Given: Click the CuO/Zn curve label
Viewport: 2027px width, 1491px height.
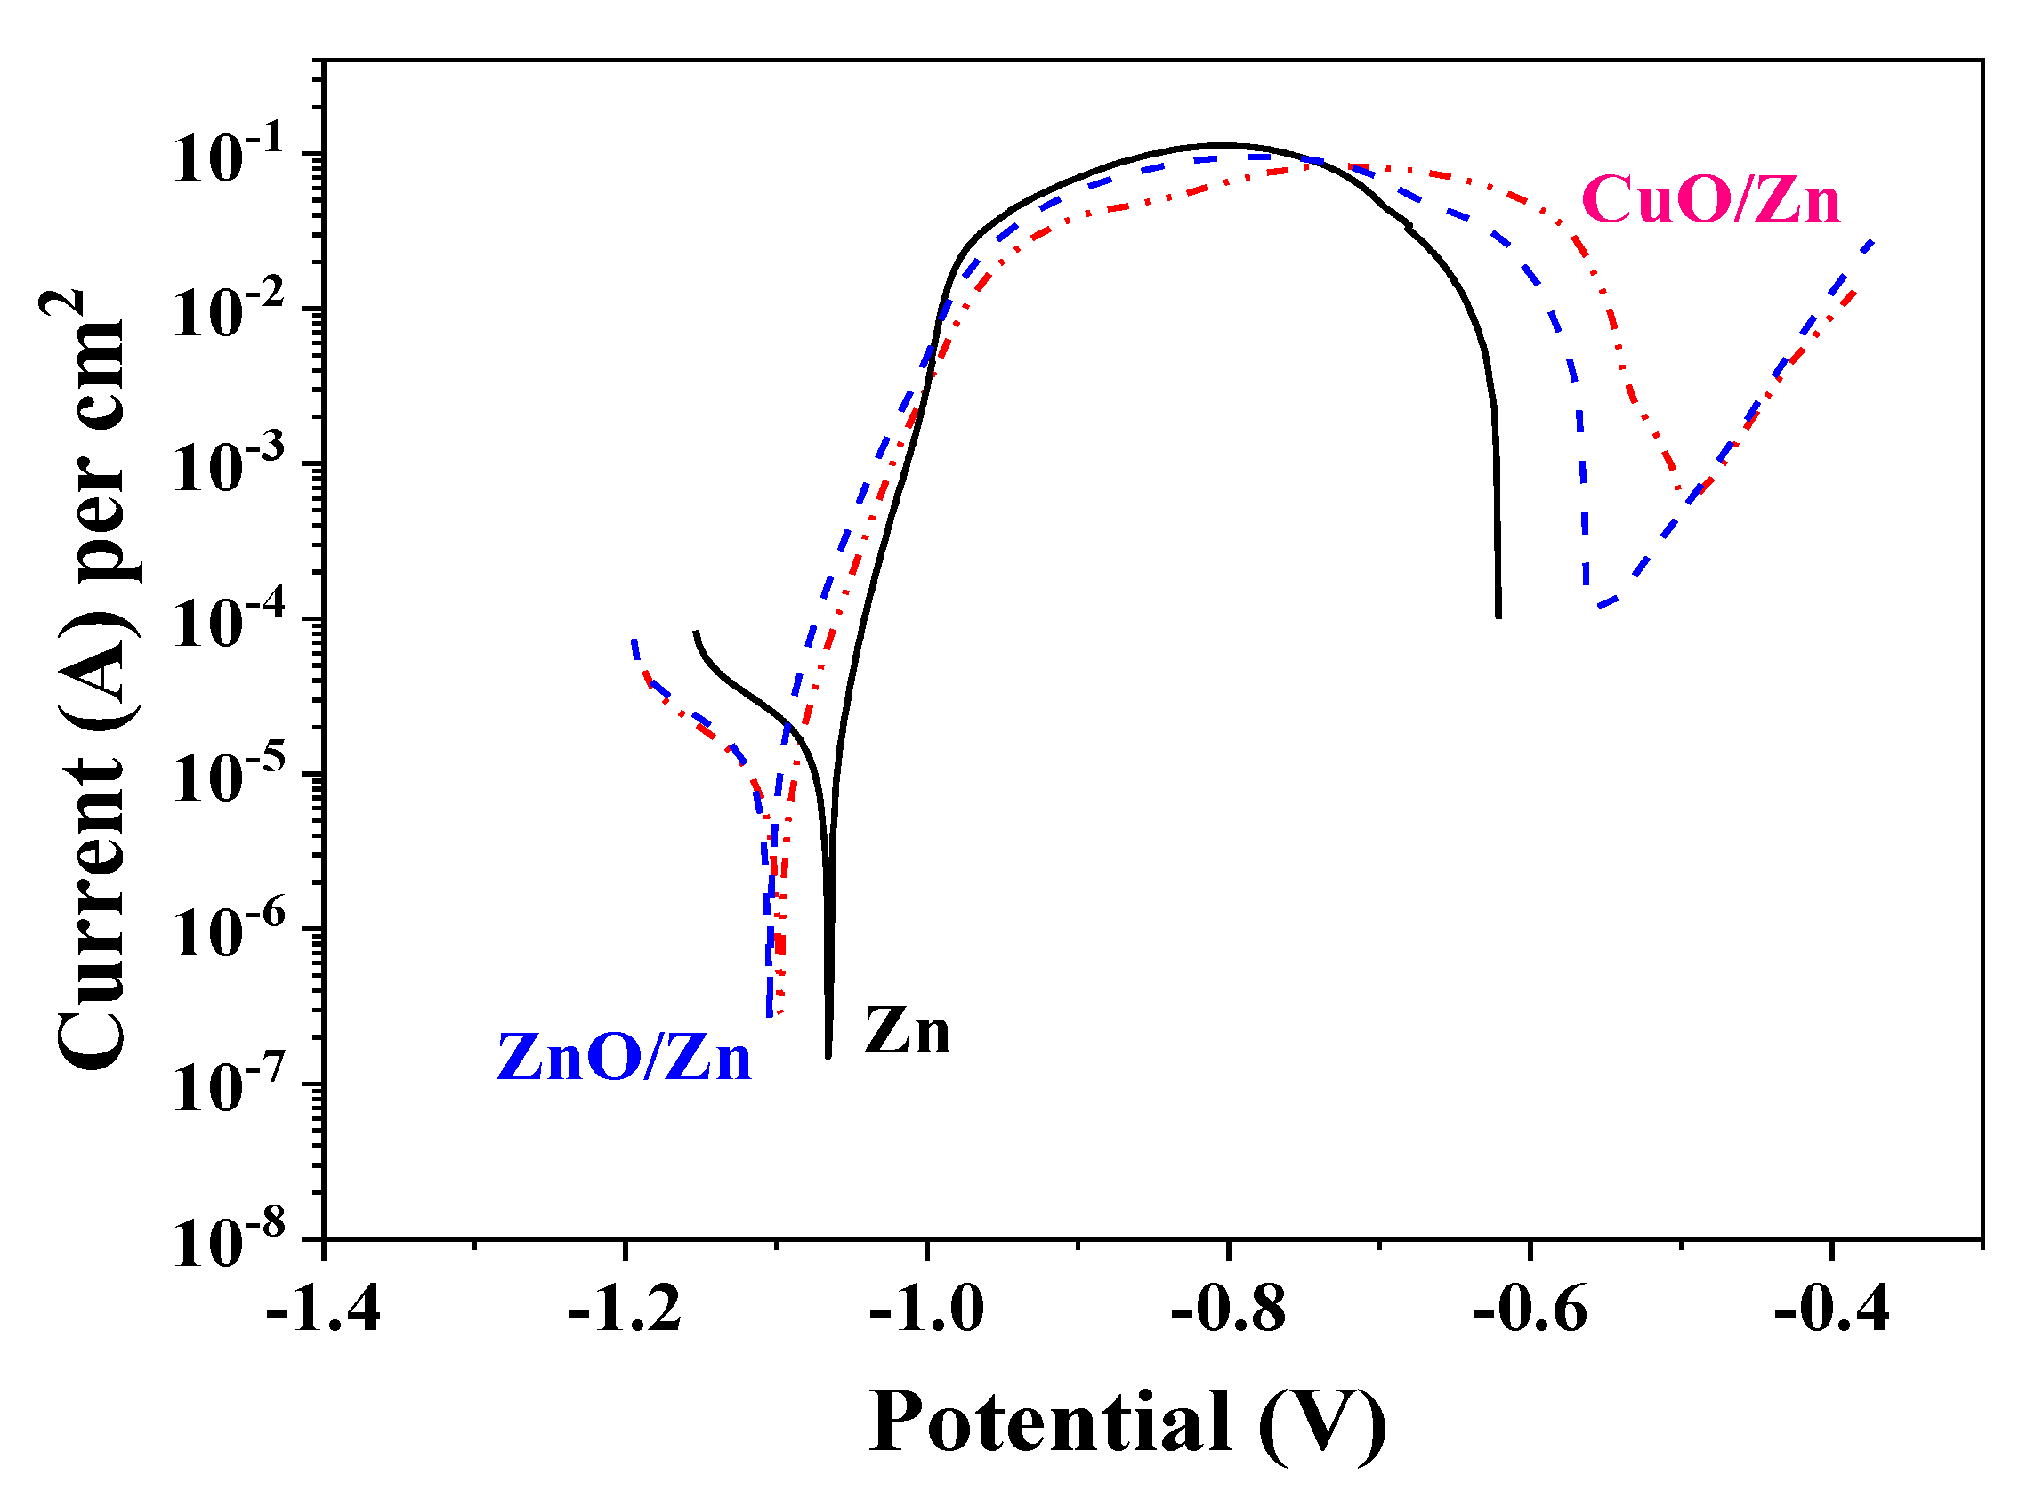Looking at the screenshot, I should click(x=1710, y=199).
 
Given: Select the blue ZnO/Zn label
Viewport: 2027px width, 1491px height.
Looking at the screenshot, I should click(x=624, y=1058).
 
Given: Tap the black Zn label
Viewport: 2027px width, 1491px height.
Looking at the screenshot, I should click(x=907, y=1031).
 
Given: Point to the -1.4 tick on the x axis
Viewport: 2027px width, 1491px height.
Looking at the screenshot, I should click(x=323, y=1310).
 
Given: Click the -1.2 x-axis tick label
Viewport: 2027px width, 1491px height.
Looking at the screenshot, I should click(x=625, y=1310).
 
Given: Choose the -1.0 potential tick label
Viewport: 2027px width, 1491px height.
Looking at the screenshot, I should click(x=926, y=1310).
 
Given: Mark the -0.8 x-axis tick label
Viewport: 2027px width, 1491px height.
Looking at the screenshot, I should click(x=1227, y=1310).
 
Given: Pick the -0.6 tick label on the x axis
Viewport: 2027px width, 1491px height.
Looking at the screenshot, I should click(x=1529, y=1310).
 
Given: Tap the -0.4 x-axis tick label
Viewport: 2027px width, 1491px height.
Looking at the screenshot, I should click(x=1830, y=1310).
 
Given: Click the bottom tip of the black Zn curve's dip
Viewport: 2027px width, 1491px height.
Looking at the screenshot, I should click(x=828, y=1055).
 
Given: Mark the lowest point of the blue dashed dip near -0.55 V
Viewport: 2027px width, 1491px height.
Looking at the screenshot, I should click(x=1598, y=607).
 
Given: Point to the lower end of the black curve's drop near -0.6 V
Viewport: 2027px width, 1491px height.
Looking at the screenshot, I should click(x=1498, y=617).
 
